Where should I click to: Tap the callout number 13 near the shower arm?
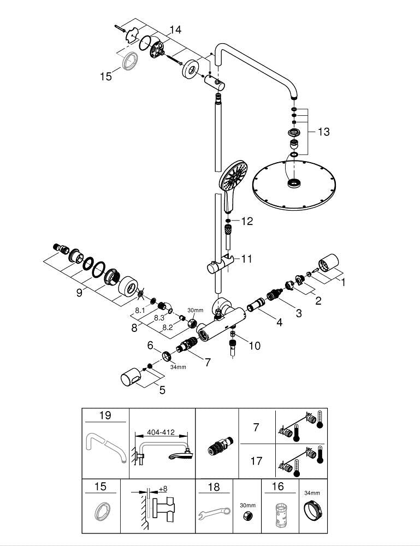[323, 132]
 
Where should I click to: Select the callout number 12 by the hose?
[247, 221]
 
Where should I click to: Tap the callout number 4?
[279, 322]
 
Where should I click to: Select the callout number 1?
[343, 282]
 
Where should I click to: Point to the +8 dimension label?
[162, 489]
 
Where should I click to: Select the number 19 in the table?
[105, 416]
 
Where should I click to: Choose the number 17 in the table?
[256, 461]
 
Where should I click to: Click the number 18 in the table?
[214, 486]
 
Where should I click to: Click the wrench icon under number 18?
[213, 514]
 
